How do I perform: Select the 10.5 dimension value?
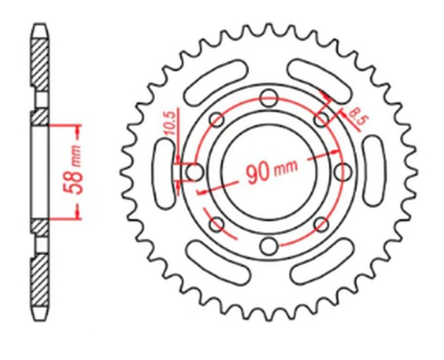170,123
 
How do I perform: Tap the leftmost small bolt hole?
194,172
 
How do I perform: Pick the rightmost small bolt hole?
344,172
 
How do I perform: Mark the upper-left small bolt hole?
216,120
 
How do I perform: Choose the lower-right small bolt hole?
321,224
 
